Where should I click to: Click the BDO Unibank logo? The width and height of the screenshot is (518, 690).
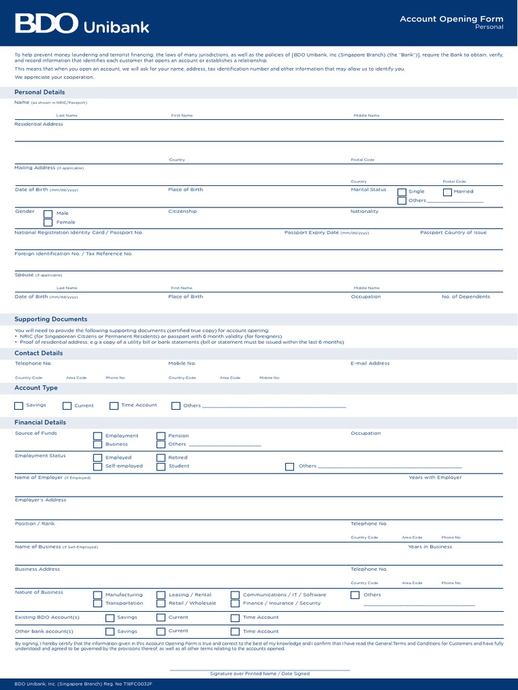tap(82, 25)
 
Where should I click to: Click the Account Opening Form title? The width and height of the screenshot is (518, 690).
tap(451, 19)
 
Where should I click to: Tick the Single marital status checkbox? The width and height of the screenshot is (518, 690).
tap(402, 192)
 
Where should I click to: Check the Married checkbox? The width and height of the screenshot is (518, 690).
tap(447, 192)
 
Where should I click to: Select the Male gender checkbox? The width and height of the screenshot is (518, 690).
tap(48, 214)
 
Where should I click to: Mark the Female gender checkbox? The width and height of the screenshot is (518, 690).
tap(48, 222)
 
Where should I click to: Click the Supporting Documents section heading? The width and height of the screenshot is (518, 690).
tap(51, 319)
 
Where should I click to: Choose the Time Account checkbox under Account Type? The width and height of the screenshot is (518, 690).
tap(114, 406)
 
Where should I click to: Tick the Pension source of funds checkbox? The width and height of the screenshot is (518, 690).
tap(161, 436)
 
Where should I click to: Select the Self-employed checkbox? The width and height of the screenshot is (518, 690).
tap(98, 466)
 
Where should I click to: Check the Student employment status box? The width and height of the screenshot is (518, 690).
tap(161, 466)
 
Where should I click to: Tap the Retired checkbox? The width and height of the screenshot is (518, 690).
tap(161, 458)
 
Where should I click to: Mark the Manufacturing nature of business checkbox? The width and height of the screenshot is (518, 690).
tap(98, 595)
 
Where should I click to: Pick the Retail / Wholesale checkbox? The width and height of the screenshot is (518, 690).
tap(161, 604)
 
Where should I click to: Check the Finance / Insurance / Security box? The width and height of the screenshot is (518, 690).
tap(235, 604)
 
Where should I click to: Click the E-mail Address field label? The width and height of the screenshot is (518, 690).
tap(370, 363)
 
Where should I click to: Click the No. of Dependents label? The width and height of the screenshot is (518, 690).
tap(466, 296)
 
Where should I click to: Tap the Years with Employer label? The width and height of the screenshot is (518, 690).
tap(435, 477)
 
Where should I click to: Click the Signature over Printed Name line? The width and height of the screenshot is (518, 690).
tap(260, 670)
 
